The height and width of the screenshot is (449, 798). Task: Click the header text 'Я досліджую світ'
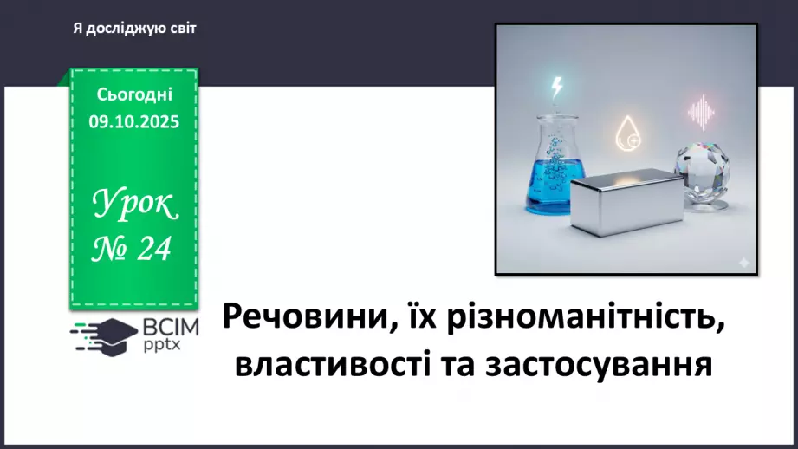pyautogui.click(x=135, y=29)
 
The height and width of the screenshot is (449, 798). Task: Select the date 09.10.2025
pyautogui.click(x=134, y=122)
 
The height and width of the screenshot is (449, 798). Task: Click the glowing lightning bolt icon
pyautogui.click(x=557, y=88)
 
